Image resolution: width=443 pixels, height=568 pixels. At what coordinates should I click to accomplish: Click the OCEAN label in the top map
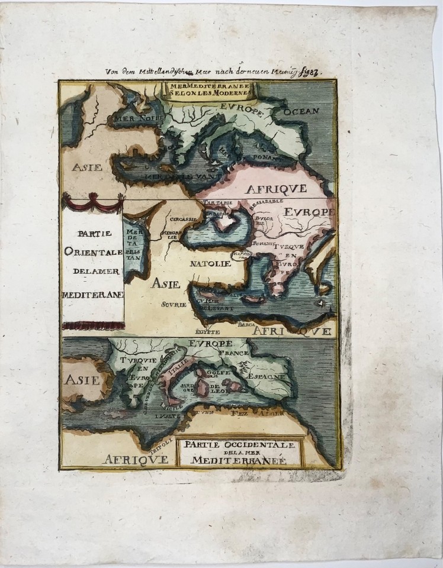click(301, 111)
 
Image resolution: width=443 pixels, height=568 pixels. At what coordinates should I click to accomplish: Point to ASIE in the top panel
click(86, 167)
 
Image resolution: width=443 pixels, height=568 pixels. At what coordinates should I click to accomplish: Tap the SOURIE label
click(173, 304)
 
